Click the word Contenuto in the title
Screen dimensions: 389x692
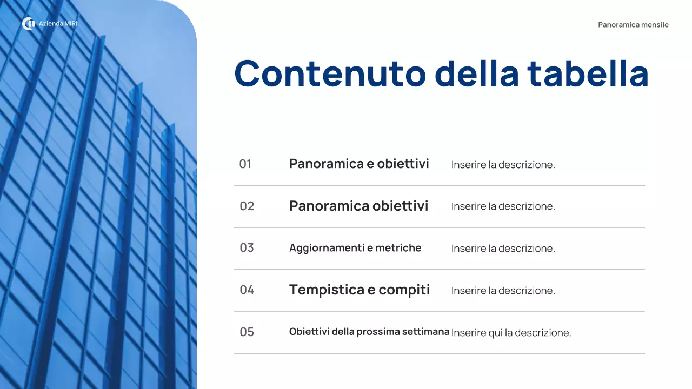tap(330, 73)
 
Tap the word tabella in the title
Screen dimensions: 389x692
tap(588, 73)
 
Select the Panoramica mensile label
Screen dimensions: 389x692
tap(633, 25)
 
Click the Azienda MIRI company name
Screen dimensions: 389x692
tap(58, 24)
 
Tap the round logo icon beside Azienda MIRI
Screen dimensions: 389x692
tap(28, 24)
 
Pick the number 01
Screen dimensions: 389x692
tap(245, 164)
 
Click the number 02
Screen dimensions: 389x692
tap(247, 206)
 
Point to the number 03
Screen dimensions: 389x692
tap(247, 248)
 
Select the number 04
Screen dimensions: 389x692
tap(247, 290)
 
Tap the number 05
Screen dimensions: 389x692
tap(247, 332)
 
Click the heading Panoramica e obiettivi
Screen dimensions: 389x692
tap(359, 164)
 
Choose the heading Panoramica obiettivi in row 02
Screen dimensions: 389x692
tap(358, 206)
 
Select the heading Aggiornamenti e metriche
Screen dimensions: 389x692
tap(355, 248)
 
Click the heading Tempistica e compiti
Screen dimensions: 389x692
tap(360, 290)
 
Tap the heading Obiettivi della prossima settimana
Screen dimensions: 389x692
tap(369, 332)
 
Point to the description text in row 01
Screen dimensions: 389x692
tap(503, 165)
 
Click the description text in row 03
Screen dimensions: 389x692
tap(503, 249)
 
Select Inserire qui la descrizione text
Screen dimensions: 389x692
tap(511, 333)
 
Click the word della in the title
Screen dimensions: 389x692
tap(476, 73)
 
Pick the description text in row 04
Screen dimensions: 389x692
tap(503, 291)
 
